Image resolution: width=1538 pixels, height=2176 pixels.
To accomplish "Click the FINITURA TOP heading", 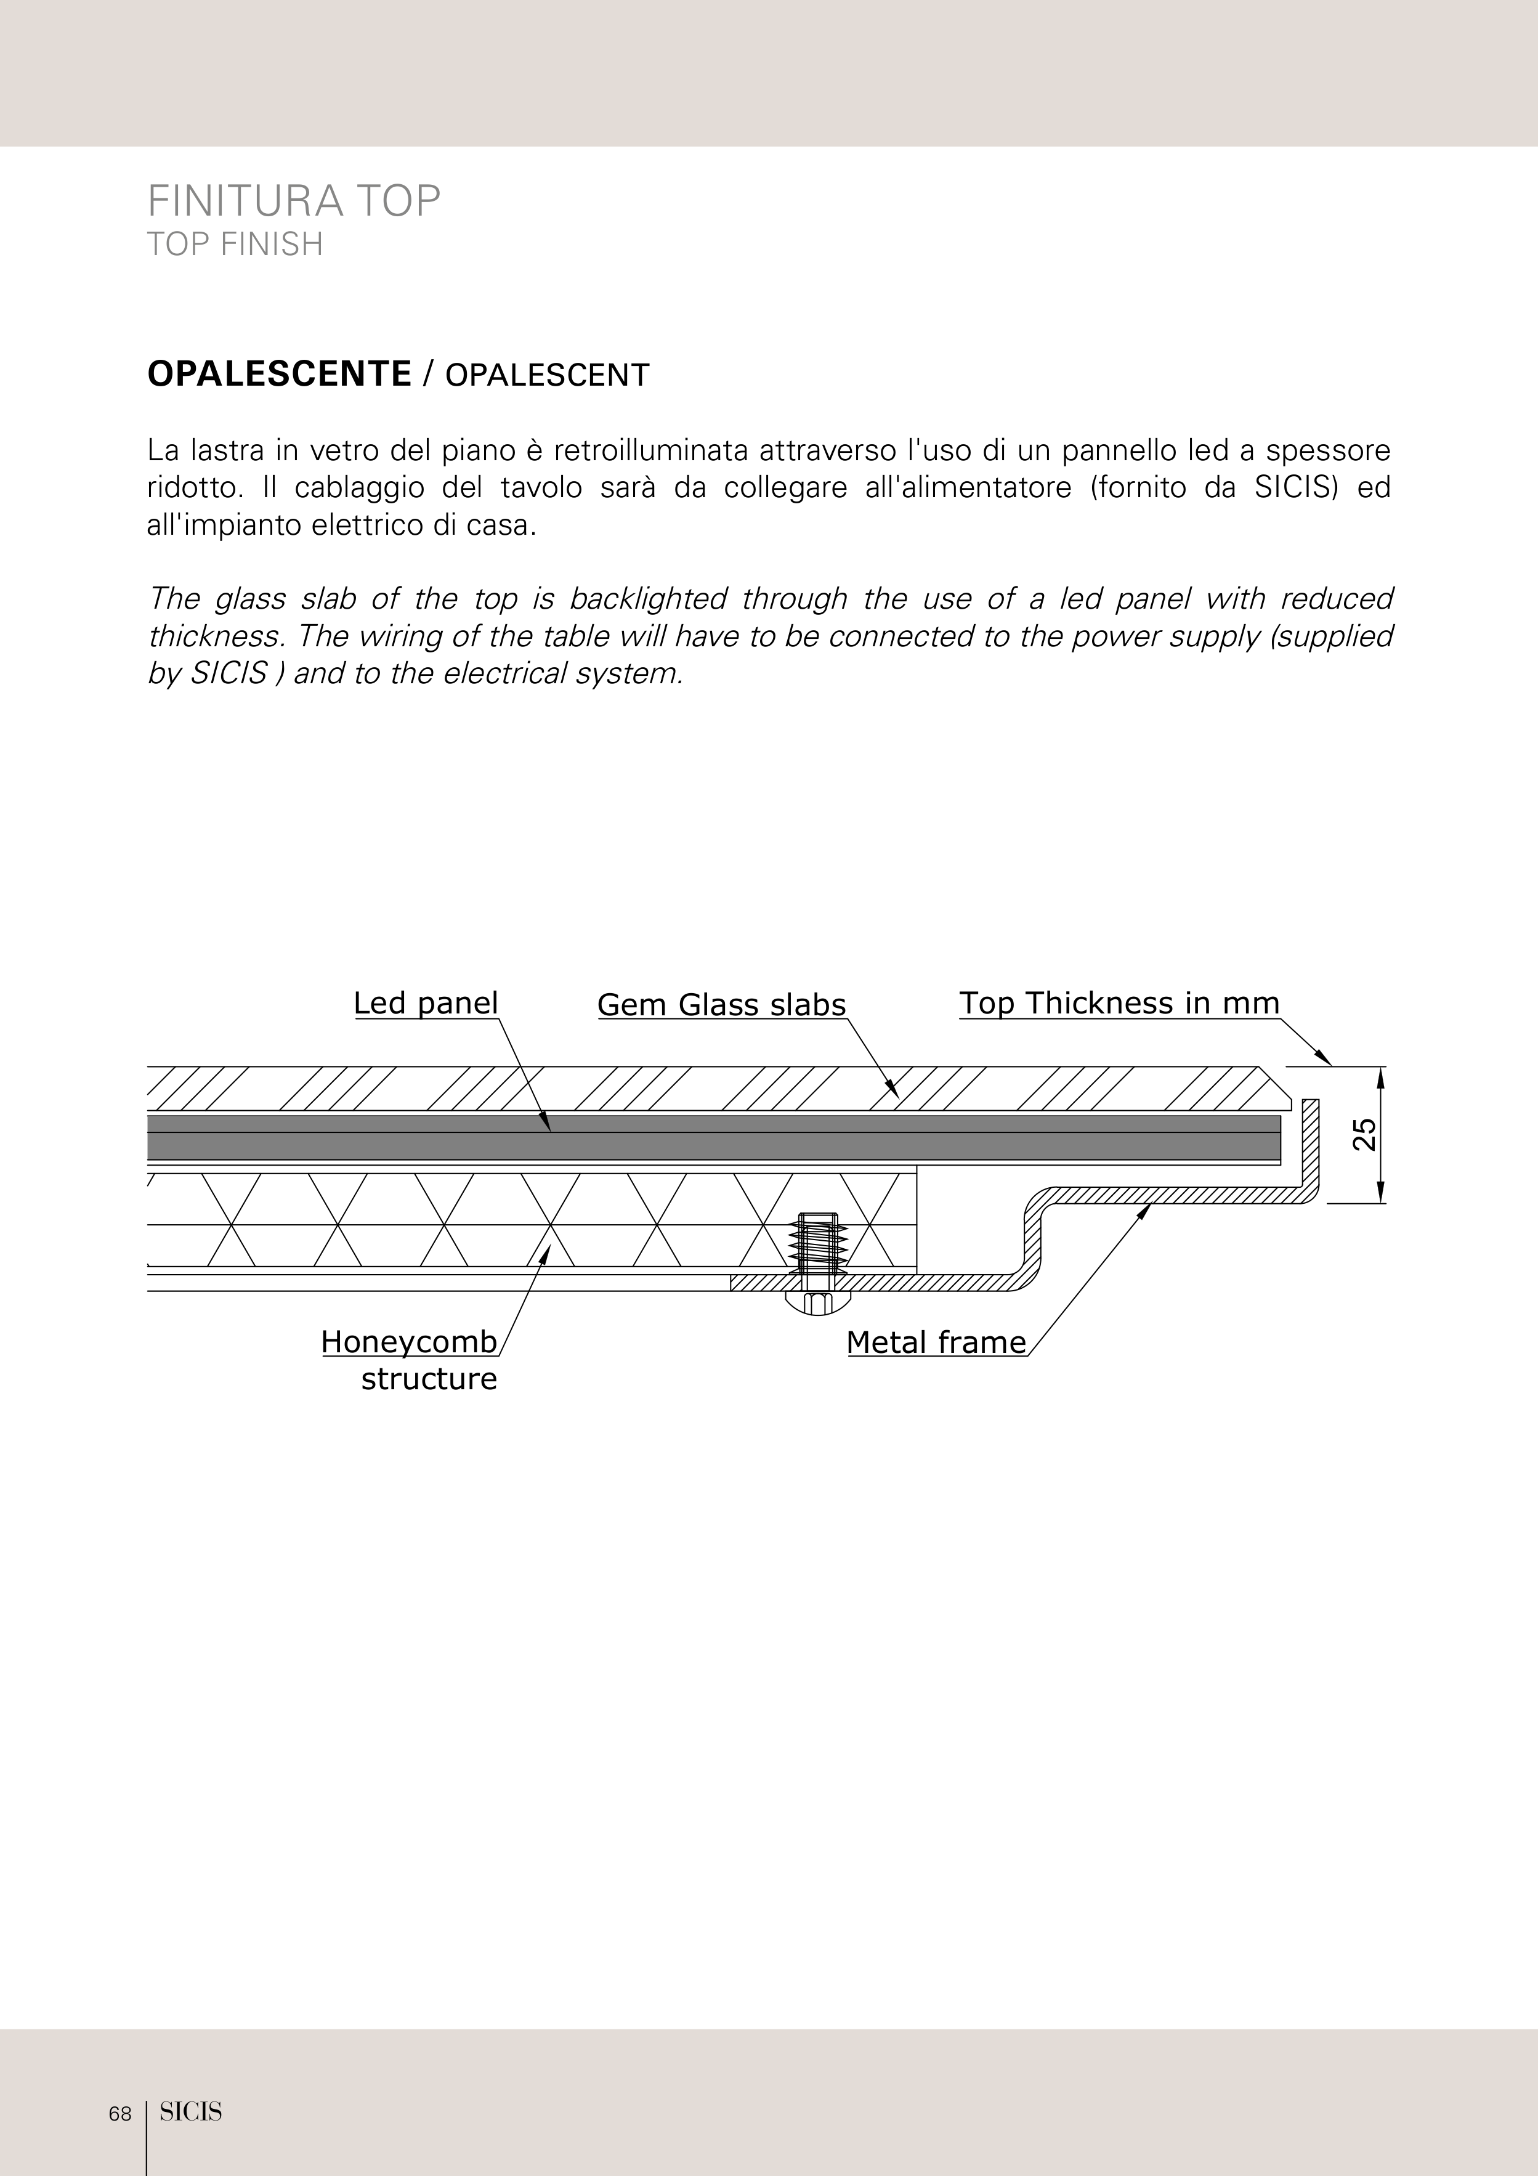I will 294,201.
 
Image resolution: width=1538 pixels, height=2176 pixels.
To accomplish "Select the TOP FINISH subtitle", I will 235,245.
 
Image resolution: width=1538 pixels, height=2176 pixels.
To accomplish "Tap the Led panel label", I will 426,1003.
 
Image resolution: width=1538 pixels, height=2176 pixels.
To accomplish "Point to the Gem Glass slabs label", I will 721,1005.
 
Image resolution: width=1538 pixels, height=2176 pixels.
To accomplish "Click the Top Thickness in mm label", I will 1119,1003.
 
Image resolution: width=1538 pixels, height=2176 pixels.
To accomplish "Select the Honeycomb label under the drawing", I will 408,1342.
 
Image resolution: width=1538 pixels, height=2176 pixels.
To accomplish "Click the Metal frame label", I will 936,1342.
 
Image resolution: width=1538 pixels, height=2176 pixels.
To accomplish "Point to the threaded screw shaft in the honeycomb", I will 819,1241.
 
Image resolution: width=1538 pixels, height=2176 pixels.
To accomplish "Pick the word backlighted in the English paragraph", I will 648,599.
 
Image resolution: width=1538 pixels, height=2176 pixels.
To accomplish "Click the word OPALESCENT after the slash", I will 547,375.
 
